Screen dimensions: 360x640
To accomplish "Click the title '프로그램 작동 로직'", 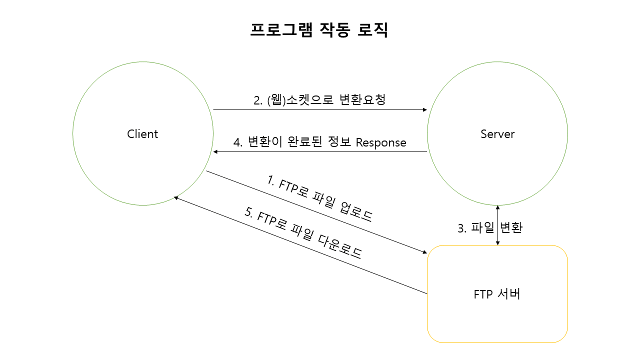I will coord(319,30).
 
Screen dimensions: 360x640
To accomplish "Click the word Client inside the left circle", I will coord(142,134).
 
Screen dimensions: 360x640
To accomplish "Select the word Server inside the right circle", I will coord(497,134).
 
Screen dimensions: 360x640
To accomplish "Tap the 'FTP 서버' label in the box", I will coord(497,294).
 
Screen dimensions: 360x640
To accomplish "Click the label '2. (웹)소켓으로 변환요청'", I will coord(319,100).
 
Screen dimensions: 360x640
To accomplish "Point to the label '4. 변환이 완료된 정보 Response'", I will coord(319,142).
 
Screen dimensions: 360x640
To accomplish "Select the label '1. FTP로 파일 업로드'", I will coord(319,198).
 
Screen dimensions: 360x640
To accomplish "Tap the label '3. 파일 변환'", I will coord(490,228).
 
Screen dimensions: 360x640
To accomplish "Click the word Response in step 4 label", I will coord(381,143).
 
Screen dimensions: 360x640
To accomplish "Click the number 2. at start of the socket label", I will coord(258,100).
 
